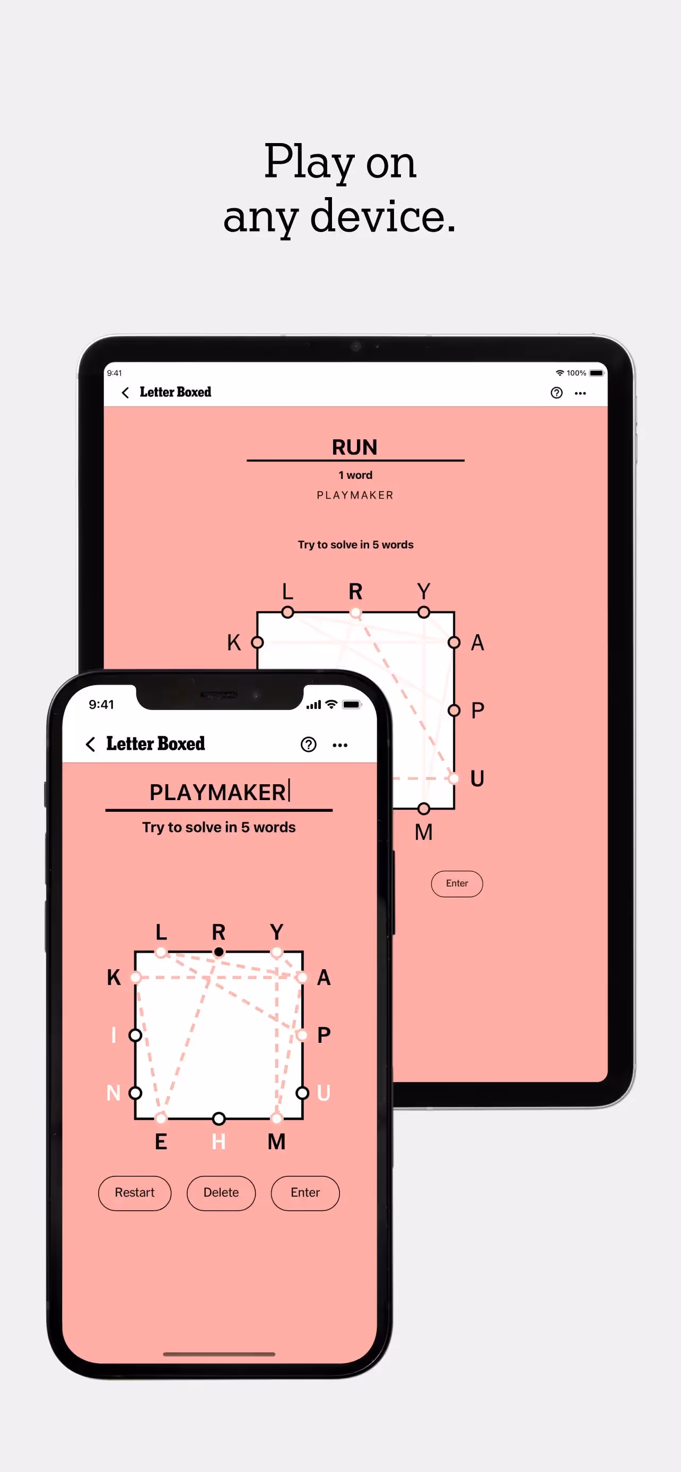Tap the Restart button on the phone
click(134, 1193)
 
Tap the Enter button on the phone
click(305, 1193)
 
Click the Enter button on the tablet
click(456, 883)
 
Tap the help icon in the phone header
click(308, 744)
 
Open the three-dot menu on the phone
click(339, 744)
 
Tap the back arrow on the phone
click(90, 744)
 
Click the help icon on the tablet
click(556, 393)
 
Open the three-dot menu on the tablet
click(580, 393)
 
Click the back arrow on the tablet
click(125, 392)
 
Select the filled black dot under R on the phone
click(219, 952)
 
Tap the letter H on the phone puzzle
click(219, 1141)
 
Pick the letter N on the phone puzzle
click(113, 1093)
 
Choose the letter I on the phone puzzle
click(113, 1035)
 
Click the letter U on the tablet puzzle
click(476, 778)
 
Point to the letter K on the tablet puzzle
click(234, 642)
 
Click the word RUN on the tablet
click(354, 447)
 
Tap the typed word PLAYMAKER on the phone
click(217, 792)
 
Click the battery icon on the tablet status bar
click(596, 373)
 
